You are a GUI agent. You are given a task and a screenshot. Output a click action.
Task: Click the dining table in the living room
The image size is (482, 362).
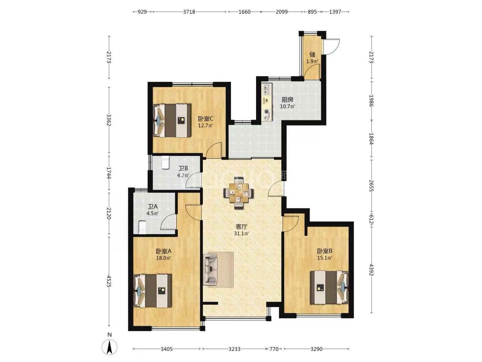click(x=238, y=193)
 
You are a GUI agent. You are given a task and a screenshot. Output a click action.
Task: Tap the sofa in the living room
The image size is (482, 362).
click(x=210, y=269)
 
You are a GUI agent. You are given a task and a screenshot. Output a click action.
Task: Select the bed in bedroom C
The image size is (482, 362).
click(x=172, y=120)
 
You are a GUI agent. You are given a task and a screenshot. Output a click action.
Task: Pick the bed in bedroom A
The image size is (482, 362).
click(x=153, y=291)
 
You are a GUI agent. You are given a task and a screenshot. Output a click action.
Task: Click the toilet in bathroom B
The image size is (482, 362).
click(x=165, y=162)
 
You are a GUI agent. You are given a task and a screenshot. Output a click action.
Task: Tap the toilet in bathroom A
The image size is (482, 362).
click(x=142, y=227)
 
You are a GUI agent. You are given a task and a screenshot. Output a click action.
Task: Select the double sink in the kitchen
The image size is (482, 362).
click(x=266, y=88)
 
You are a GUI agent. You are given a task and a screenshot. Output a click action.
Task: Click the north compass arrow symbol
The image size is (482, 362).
click(x=109, y=347)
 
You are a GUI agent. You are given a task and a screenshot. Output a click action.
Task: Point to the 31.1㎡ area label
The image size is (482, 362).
click(x=241, y=233)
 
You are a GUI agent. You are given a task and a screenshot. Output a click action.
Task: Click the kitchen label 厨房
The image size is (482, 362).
click(x=287, y=100)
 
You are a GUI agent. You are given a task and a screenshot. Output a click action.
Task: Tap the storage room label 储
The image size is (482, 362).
click(x=312, y=54)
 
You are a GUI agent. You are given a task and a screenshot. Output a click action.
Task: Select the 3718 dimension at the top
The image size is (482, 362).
click(x=189, y=12)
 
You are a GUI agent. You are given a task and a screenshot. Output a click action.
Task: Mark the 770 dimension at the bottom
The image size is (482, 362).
click(x=273, y=349)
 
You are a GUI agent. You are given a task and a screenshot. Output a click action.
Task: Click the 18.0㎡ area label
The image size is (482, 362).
click(x=163, y=258)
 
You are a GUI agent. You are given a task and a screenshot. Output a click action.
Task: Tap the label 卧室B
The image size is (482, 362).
click(x=324, y=251)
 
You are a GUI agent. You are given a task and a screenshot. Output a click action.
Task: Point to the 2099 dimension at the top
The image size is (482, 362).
click(x=282, y=12)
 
